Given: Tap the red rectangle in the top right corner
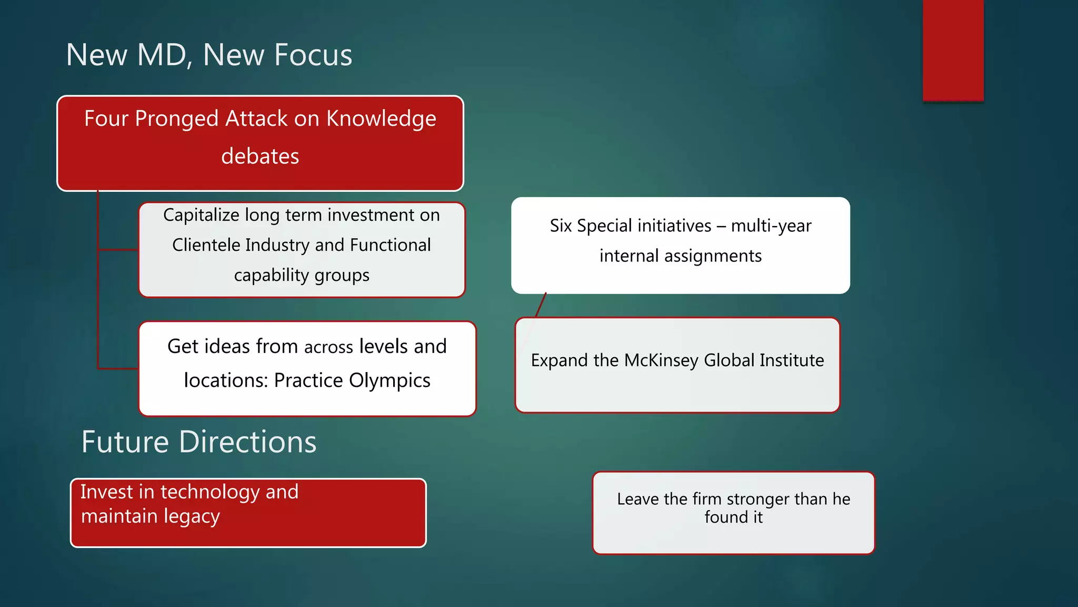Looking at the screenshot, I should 953,50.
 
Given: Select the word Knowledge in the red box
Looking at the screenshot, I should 381,119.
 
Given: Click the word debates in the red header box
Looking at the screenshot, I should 260,156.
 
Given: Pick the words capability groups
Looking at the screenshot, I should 302,275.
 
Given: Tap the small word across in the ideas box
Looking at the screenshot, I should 328,347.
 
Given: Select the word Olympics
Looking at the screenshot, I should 390,380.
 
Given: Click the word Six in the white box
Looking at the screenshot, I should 561,226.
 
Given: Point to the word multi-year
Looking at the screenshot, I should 771,226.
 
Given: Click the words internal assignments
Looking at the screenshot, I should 680,256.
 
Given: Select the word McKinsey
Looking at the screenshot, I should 662,360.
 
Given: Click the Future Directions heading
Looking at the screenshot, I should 199,442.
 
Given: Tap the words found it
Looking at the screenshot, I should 733,517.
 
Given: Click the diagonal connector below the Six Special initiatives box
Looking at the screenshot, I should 541,305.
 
